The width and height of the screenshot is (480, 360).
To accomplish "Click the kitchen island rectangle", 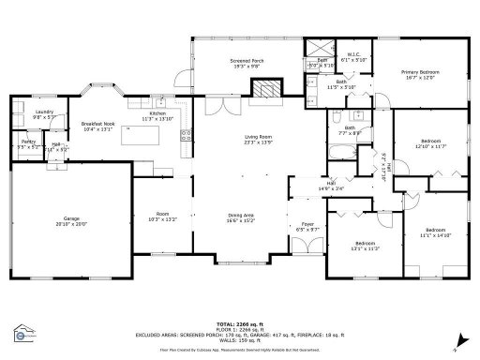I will (x=149, y=139).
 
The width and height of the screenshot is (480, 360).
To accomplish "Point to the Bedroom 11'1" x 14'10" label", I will (x=435, y=232).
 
